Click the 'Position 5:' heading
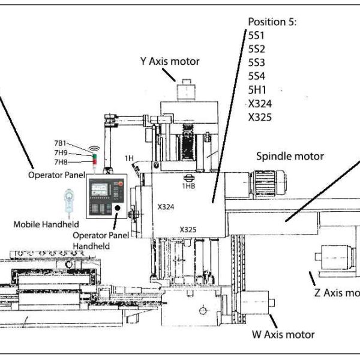pyautogui.click(x=272, y=22)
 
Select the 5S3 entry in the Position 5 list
pyautogui.click(x=256, y=62)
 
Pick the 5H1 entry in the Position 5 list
pyautogui.click(x=257, y=90)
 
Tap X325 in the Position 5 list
pyautogui.click(x=260, y=117)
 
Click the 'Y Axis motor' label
pyautogui.click(x=170, y=61)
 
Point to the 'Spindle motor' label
pyautogui.click(x=290, y=157)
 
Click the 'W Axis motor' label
pyautogui.click(x=283, y=335)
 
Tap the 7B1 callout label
pyautogui.click(x=60, y=143)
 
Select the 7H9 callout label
pyautogui.click(x=61, y=152)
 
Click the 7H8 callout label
pyautogui.click(x=61, y=162)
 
